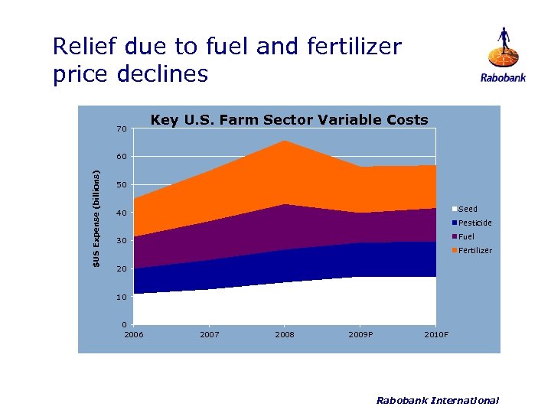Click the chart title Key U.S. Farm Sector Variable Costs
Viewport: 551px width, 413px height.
click(289, 119)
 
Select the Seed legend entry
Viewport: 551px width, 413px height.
click(467, 209)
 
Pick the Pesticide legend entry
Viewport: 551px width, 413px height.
click(474, 223)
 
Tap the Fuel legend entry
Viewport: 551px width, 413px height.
click(465, 236)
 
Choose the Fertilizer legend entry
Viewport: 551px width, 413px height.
click(474, 250)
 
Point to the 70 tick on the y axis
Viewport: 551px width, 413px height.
click(122, 128)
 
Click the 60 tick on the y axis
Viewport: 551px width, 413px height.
click(122, 157)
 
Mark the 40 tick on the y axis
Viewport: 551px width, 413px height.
click(122, 213)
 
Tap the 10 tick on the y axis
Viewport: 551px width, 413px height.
click(122, 297)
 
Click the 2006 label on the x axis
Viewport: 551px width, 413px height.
click(133, 335)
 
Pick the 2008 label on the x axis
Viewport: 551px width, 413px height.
click(285, 335)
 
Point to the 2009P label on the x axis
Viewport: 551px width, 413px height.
click(360, 335)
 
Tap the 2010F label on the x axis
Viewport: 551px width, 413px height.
click(436, 335)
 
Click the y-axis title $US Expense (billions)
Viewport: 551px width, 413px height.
click(96, 219)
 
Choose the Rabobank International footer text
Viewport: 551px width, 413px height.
click(438, 400)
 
